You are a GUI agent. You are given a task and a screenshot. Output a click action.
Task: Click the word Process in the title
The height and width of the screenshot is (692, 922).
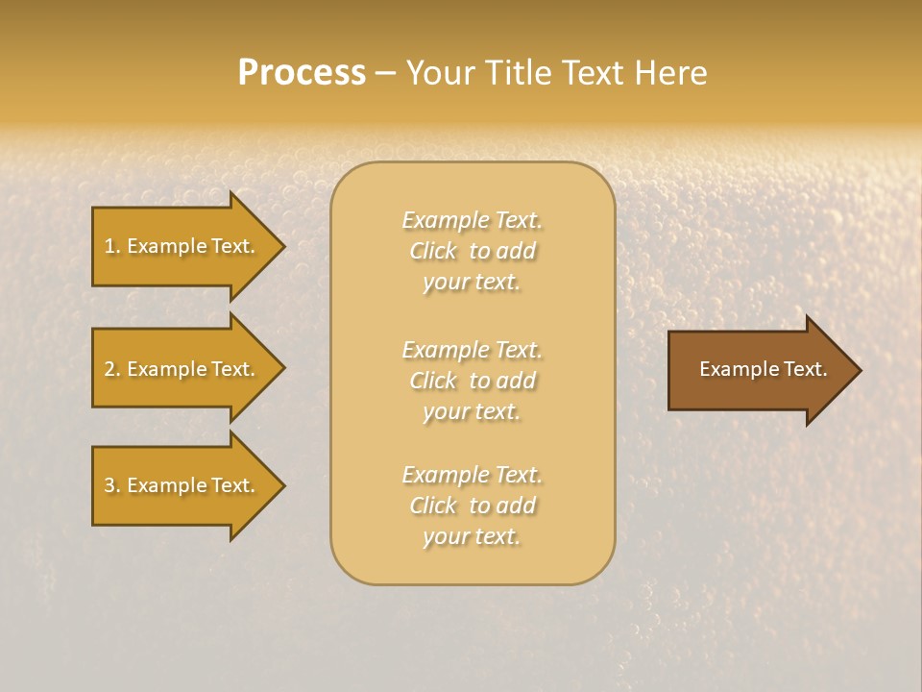pyautogui.click(x=302, y=73)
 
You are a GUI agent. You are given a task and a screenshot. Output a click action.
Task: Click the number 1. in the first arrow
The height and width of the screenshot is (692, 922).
pyautogui.click(x=112, y=246)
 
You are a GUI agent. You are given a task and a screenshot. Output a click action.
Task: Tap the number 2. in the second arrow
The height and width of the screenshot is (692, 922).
pyautogui.click(x=112, y=369)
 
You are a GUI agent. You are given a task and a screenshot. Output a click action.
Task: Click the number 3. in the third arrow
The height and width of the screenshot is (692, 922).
pyautogui.click(x=112, y=485)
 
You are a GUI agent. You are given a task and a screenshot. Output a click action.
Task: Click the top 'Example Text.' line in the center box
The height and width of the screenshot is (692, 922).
pyautogui.click(x=472, y=220)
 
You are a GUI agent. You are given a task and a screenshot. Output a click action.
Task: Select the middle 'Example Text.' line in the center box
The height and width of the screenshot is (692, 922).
pyautogui.click(x=472, y=350)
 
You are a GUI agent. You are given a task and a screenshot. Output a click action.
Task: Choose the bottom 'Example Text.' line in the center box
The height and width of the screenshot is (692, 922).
pyautogui.click(x=472, y=475)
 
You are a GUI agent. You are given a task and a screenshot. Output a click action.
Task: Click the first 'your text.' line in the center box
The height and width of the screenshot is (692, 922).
pyautogui.click(x=472, y=283)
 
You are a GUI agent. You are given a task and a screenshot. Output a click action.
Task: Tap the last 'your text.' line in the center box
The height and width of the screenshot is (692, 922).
pyautogui.click(x=472, y=537)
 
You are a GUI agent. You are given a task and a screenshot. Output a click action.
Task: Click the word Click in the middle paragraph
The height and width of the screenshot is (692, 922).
pyautogui.click(x=433, y=382)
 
